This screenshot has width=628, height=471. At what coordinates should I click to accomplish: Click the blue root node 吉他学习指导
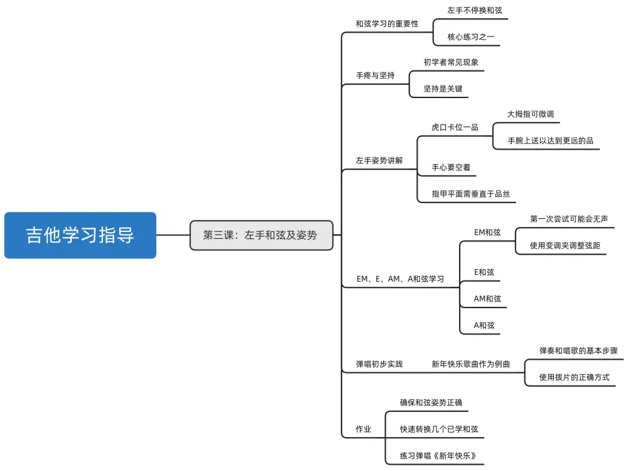pos(80,235)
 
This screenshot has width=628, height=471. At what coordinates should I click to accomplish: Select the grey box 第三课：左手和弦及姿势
pos(261,235)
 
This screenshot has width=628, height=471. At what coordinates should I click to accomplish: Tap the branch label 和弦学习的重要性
pos(387,24)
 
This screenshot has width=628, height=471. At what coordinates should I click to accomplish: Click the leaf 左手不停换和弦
pos(474,11)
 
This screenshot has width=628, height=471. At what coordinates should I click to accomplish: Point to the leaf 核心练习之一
pos(470,37)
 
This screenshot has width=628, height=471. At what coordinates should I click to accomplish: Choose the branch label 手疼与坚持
pos(375,75)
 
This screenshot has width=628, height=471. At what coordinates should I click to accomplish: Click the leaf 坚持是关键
pos(443,89)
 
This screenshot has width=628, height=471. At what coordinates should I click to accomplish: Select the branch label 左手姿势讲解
pos(379,160)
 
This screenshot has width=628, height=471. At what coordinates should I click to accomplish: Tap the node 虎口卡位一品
pos(455,127)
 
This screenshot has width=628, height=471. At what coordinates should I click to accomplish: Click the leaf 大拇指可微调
pos(530,114)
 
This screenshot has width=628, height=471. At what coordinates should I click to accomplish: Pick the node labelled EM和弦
pos(487,232)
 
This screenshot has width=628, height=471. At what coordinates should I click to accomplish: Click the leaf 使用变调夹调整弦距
pos(565,245)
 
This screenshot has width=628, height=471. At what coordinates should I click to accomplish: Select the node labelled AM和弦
pos(487,299)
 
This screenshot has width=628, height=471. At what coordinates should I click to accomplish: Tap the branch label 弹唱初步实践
pos(379,363)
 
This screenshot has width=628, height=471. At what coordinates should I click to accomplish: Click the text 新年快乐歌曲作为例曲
pos(470,363)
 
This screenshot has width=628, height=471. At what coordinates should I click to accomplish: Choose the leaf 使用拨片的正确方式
pos(574,377)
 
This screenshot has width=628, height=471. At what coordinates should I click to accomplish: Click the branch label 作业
pos(364,429)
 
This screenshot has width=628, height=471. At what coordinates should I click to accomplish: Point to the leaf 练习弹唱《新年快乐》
pos(443,456)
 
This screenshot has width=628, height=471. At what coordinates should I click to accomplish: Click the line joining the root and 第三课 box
pos(173,235)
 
